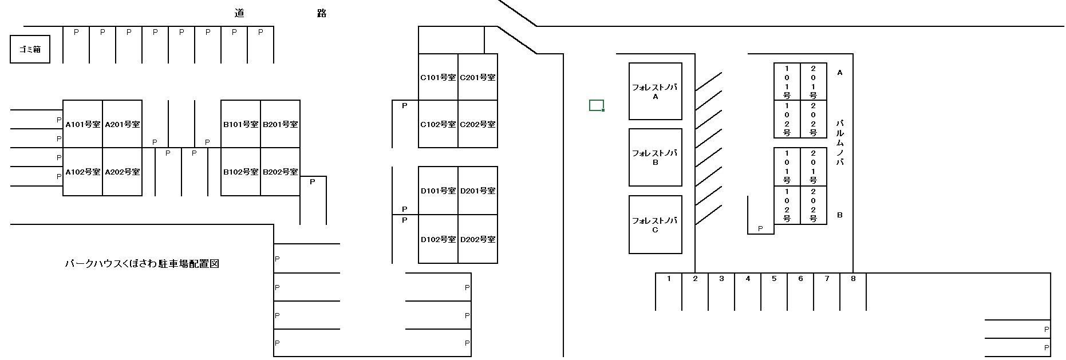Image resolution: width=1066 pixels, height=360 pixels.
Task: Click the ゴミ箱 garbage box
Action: (30, 49)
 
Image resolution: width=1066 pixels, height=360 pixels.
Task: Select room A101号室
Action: (82, 124)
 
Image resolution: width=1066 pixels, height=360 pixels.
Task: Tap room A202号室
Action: (122, 172)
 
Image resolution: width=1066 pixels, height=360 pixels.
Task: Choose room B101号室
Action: (240, 124)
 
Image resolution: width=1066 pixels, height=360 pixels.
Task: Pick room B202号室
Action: (280, 172)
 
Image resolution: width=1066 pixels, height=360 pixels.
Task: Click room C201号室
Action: (478, 77)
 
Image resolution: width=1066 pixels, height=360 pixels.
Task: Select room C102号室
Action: (438, 124)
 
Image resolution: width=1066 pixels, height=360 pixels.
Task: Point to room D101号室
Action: (438, 191)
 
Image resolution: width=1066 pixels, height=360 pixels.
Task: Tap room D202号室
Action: (478, 239)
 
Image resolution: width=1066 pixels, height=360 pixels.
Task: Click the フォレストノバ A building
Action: (655, 92)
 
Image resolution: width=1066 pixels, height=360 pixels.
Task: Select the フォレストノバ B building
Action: (655, 157)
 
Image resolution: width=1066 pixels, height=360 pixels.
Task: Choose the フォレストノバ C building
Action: (655, 224)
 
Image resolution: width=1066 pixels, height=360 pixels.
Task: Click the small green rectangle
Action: (597, 105)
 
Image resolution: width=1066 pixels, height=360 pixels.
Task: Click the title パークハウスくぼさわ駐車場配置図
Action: (142, 264)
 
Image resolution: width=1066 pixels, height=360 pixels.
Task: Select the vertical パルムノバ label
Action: (840, 143)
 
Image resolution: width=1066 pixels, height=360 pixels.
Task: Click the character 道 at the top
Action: (239, 13)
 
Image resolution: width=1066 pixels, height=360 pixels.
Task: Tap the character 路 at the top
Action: (322, 13)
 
